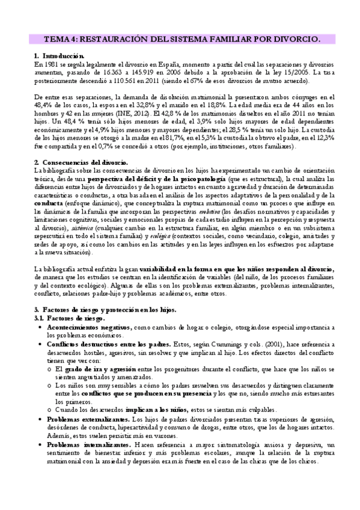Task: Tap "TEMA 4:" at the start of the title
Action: coord(58,39)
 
